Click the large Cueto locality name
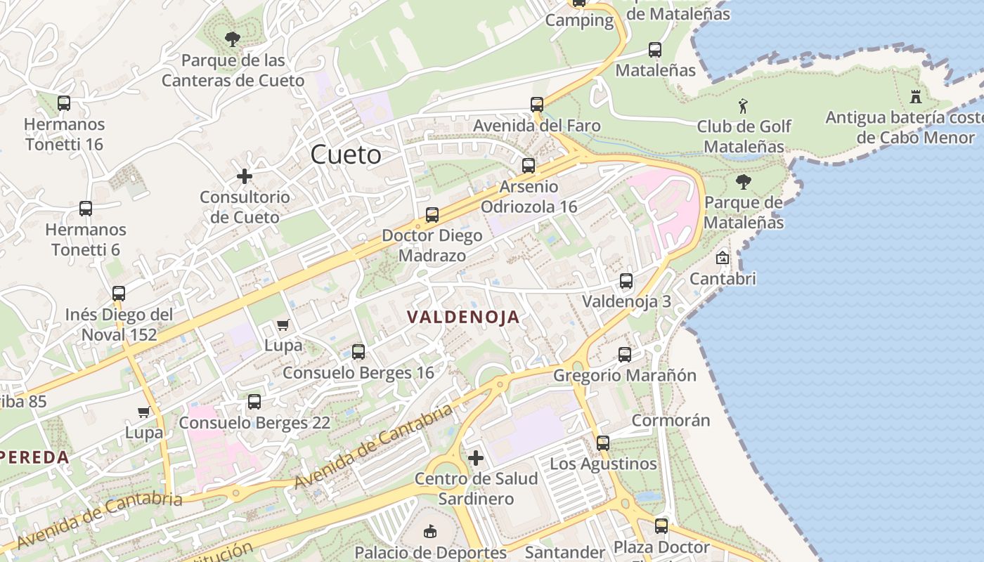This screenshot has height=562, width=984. (346, 155)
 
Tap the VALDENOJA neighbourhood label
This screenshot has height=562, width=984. (463, 317)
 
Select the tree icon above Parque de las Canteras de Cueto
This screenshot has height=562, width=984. (232, 39)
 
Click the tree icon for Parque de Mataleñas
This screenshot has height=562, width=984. (743, 183)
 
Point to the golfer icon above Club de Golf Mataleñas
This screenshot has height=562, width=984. (743, 107)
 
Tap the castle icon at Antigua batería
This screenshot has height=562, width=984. (915, 97)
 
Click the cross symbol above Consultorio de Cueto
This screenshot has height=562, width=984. (245, 176)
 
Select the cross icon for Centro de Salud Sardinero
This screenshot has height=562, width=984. (476, 459)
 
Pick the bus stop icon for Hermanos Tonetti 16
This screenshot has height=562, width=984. (64, 103)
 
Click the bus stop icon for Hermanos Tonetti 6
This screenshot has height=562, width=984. (86, 209)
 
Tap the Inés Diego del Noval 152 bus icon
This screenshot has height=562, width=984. (119, 294)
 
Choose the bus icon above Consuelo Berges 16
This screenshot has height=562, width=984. (358, 352)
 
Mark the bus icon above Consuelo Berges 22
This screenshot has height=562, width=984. (254, 402)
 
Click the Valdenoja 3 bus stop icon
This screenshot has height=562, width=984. (626, 282)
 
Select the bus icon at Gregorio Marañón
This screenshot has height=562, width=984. (625, 355)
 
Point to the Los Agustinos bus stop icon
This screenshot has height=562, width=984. (603, 443)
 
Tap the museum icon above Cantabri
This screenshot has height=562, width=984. (722, 258)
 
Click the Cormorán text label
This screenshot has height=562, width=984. (671, 420)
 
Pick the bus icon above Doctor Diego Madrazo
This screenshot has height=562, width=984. (432, 215)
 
